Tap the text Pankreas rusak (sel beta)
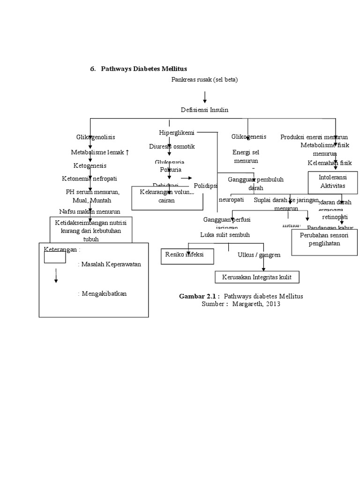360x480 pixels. (204, 80)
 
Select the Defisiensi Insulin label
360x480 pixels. (204, 109)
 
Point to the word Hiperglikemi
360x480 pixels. (177, 133)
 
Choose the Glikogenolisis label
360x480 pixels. (96, 137)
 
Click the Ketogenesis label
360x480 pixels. (90, 165)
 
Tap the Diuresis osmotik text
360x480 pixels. (172, 146)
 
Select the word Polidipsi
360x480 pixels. (206, 185)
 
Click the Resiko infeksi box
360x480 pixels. (187, 255)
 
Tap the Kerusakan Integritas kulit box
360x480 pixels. (257, 277)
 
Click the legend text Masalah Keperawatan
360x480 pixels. (111, 264)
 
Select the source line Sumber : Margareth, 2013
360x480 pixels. (241, 304)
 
